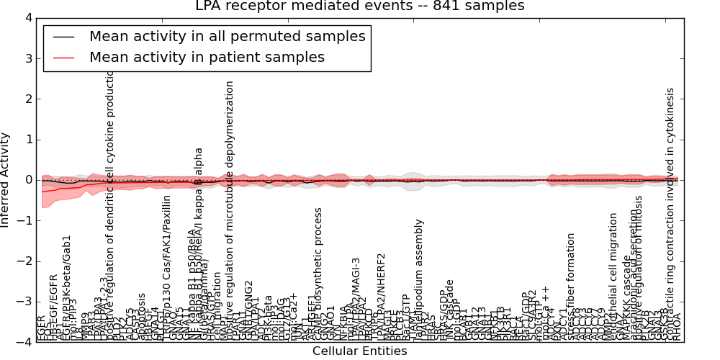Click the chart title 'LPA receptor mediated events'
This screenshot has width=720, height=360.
coord(360,6)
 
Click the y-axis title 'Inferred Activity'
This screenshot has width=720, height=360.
coord(6,179)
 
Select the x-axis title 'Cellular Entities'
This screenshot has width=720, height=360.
coord(359,351)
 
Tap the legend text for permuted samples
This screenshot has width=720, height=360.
coord(227,36)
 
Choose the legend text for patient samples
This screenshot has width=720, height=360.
coord(207,57)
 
